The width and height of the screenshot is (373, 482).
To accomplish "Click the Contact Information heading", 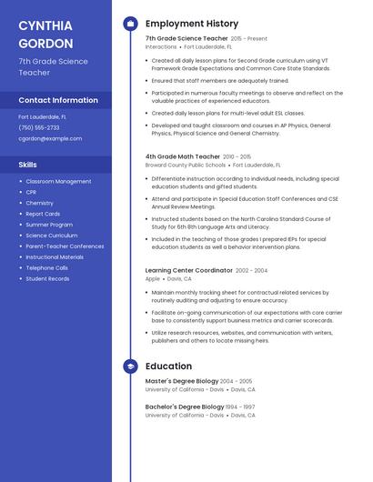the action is tap(58, 100).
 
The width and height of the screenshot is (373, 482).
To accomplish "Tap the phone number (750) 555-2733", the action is tap(39, 127).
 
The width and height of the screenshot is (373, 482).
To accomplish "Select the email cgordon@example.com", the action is tap(50, 139).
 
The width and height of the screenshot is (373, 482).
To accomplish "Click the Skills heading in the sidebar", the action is tap(27, 165).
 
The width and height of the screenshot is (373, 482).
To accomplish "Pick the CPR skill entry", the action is tap(31, 192).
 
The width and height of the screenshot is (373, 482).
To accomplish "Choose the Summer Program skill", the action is tap(49, 224).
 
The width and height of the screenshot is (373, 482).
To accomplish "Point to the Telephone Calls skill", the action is tap(46, 267).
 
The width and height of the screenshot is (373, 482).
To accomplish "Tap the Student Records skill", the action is tap(47, 278).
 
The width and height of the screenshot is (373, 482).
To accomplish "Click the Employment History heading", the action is tap(191, 24).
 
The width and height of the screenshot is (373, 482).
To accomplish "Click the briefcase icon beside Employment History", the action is tap(131, 24).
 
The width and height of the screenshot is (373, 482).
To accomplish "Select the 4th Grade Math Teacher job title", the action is tap(182, 156).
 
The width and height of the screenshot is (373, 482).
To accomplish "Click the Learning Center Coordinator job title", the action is tap(188, 270).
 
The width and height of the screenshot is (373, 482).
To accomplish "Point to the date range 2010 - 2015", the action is tap(237, 156).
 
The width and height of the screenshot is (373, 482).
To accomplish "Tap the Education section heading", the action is tap(168, 366).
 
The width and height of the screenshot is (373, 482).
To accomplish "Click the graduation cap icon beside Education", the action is tap(131, 366).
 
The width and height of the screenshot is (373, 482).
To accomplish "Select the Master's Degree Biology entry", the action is tap(182, 381).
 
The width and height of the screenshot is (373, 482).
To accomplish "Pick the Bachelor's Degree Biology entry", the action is tap(185, 407).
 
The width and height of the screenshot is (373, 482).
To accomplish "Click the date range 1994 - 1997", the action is tap(241, 407).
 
